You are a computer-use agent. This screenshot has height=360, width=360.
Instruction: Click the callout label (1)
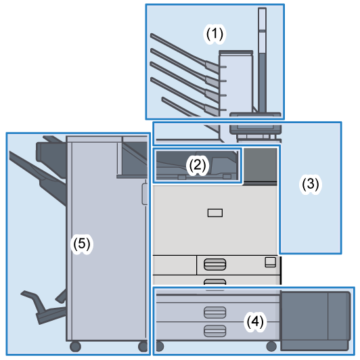click(215, 32)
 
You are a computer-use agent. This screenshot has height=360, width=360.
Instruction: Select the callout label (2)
click(197, 164)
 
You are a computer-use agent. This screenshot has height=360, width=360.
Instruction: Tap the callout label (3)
click(310, 183)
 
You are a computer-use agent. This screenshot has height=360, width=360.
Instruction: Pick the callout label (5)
click(81, 244)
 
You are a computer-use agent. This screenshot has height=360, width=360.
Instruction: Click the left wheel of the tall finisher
click(75, 346)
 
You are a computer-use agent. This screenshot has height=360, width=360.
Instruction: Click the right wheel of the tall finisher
click(143, 346)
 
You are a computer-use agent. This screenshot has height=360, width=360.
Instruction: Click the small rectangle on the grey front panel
click(215, 213)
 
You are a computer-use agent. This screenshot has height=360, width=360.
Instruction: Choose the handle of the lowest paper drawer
click(215, 330)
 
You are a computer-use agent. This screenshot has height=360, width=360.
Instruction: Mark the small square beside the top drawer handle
click(271, 262)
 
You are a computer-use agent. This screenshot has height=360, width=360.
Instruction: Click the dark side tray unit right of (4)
click(315, 317)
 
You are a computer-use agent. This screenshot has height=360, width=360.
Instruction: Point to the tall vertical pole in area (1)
click(261, 64)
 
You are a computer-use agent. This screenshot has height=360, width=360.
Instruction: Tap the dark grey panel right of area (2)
click(260, 164)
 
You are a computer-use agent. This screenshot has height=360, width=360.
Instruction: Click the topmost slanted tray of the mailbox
click(183, 47)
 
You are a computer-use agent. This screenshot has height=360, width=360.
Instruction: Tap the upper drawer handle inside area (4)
click(215, 312)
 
